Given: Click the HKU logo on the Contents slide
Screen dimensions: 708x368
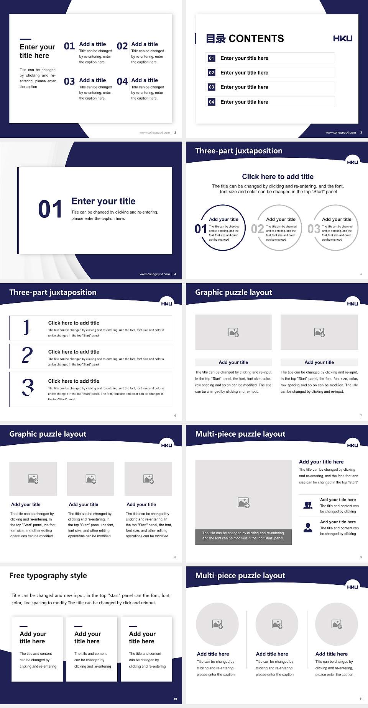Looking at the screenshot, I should pyautogui.click(x=342, y=38).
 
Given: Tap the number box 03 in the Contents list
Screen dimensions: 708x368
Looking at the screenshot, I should pyautogui.click(x=211, y=87).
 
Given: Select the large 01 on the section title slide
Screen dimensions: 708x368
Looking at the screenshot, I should pyautogui.click(x=50, y=209).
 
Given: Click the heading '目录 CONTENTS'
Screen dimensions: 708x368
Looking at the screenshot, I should pyautogui.click(x=245, y=39).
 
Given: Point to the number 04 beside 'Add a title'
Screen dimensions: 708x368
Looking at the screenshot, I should pyautogui.click(x=122, y=81).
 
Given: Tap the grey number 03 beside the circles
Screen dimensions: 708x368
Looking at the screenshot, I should pyautogui.click(x=314, y=229).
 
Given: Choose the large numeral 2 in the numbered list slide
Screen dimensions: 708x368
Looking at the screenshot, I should pyautogui.click(x=27, y=355).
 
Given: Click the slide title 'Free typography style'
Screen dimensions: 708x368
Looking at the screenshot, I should pyautogui.click(x=48, y=576).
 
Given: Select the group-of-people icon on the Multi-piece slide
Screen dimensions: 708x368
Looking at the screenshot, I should pyautogui.click(x=308, y=505).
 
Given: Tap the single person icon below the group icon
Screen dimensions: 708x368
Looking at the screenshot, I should pyautogui.click(x=308, y=528).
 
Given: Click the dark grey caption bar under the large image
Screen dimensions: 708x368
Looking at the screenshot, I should pyautogui.click(x=243, y=537).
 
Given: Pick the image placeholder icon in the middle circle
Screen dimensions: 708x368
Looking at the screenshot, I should pyautogui.click(x=277, y=624).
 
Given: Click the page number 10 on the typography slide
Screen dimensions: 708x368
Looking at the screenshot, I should pyautogui.click(x=175, y=699).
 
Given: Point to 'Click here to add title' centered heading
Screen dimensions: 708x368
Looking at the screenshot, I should pyautogui.click(x=278, y=176).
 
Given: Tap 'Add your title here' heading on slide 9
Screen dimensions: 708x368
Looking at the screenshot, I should pyautogui.click(x=321, y=462).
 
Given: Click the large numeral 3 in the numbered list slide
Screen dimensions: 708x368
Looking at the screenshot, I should pyautogui.click(x=28, y=387).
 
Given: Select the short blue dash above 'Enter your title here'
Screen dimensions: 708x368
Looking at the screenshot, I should pyautogui.click(x=25, y=39).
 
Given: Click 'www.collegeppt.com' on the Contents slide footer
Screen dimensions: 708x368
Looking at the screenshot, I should pyautogui.click(x=340, y=132).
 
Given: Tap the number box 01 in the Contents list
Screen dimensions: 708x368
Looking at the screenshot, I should pyautogui.click(x=211, y=58).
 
